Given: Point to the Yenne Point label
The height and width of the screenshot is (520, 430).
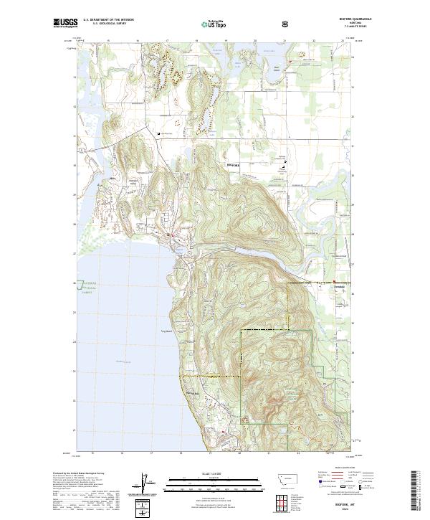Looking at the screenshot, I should tap(164, 331).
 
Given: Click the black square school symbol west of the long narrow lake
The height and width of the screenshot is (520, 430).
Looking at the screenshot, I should tap(158, 134).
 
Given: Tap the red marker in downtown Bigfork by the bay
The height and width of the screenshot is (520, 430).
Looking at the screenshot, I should tap(172, 235).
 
